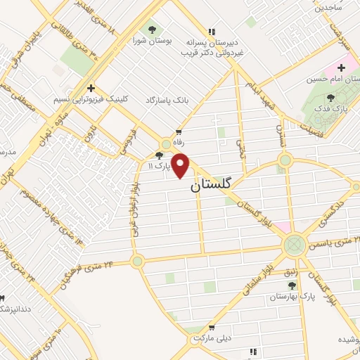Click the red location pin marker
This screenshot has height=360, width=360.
pos(181,166)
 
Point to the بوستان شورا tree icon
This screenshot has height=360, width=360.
pos(152,30)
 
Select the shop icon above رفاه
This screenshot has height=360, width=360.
pos(179,131)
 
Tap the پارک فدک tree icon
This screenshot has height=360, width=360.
pos(331,97)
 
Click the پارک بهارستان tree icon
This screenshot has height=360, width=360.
pos(292,285)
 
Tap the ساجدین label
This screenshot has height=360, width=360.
pos(328,8)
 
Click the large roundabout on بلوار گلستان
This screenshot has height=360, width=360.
pos(293,245)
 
